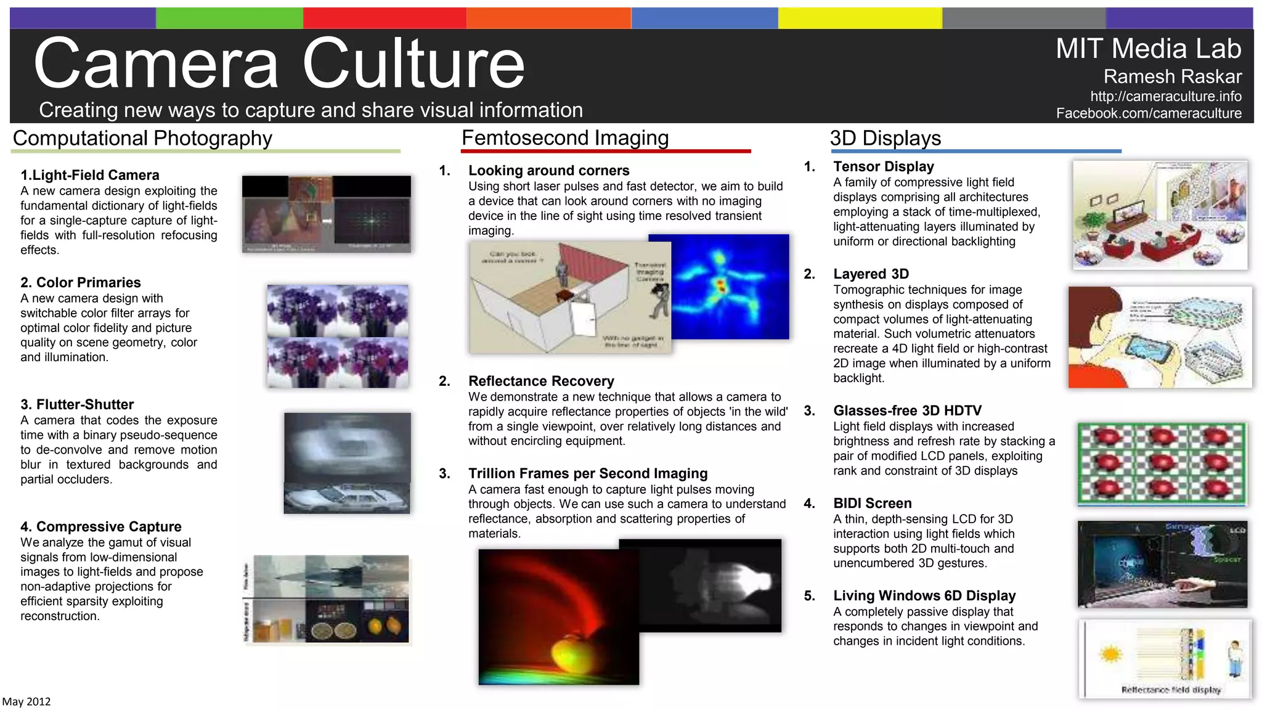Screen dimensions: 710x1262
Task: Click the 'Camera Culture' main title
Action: [x=279, y=63]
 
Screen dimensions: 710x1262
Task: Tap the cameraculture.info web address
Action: [x=1165, y=96]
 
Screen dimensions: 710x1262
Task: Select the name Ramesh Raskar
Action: [x=1172, y=76]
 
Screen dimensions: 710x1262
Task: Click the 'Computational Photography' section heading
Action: [x=142, y=138]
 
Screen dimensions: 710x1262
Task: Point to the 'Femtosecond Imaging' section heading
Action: [x=565, y=137]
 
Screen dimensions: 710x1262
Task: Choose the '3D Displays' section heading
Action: [x=885, y=138]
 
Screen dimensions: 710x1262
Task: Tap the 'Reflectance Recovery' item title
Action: [x=541, y=381]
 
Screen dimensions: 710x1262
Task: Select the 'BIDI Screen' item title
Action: [x=872, y=503]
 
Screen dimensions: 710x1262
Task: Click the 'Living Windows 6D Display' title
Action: [x=924, y=595]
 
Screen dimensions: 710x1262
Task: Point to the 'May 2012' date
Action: [x=26, y=701]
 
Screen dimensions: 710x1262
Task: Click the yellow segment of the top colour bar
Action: [x=860, y=18]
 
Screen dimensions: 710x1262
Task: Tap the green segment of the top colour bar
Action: [x=229, y=18]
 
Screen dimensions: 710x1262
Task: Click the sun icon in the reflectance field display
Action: [x=1110, y=654]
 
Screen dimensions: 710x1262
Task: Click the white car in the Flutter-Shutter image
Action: [x=345, y=496]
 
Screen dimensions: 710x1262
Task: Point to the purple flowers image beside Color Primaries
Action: [x=338, y=336]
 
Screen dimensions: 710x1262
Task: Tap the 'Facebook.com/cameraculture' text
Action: [x=1149, y=113]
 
